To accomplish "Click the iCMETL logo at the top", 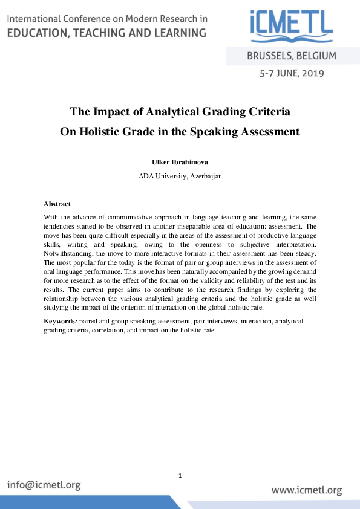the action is point(290,25).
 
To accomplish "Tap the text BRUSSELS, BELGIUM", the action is point(292,57).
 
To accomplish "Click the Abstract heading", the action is point(57,204).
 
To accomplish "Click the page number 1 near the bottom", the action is point(180,476).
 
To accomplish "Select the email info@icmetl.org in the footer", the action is point(44,485).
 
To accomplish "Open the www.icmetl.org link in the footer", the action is point(307,490).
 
